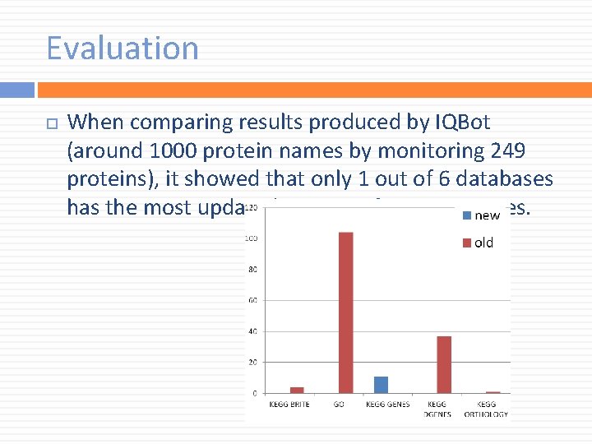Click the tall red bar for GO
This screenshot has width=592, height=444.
pos(345,312)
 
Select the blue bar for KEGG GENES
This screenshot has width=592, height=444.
pos(381,385)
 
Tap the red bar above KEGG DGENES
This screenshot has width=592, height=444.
pos(443,364)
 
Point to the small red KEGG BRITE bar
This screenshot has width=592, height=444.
pos(297,390)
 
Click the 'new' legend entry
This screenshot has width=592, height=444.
pos(487,215)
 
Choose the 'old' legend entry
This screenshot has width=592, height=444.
pos(483,243)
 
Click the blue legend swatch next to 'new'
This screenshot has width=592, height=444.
pos(467,215)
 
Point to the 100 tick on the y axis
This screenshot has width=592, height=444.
pos(252,238)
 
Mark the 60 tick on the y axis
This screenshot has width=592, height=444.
pos(252,300)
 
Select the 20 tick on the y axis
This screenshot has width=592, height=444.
pos(252,362)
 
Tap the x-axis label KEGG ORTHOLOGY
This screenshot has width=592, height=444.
pos(486,409)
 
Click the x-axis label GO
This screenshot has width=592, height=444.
pos(339,405)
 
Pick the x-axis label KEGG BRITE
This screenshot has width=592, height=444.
pos(289,405)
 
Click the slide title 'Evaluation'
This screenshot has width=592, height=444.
pos(123,49)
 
